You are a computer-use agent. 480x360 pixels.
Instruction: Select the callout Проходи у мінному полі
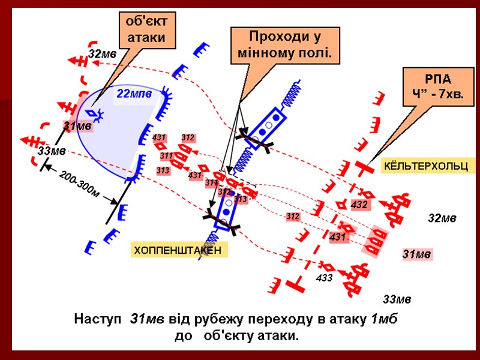[x=286, y=46]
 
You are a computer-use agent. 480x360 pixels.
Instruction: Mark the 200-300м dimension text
[x=78, y=183]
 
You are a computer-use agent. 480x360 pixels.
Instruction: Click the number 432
[x=359, y=205]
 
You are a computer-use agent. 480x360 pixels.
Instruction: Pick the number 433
[x=324, y=278]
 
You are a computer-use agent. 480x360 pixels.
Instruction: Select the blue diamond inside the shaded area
[x=92, y=113]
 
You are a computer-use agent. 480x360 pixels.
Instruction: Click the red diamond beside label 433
[x=327, y=266]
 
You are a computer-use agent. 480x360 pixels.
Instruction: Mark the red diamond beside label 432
[x=367, y=195]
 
